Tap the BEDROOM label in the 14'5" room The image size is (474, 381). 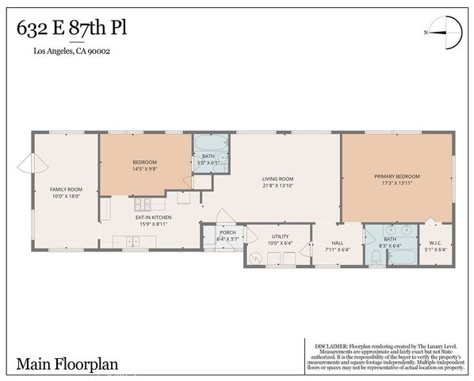pyautogui.click(x=144, y=162)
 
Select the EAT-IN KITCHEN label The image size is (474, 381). pyautogui.click(x=153, y=217)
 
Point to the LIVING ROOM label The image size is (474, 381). pyautogui.click(x=278, y=179)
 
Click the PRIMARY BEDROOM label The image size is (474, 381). pyautogui.click(x=396, y=175)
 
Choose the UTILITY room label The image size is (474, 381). pyautogui.click(x=280, y=236)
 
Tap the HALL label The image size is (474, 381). pyautogui.click(x=337, y=243)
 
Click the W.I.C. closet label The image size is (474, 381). pyautogui.click(x=436, y=243)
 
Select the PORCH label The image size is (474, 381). pyautogui.click(x=227, y=233)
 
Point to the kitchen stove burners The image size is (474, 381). pyautogui.click(x=105, y=209)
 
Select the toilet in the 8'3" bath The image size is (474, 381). pyautogui.click(x=373, y=256)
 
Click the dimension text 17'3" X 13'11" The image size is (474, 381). pyautogui.click(x=396, y=182)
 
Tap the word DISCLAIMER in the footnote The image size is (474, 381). pyautogui.click(x=331, y=346)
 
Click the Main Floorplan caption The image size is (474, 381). pyautogui.click(x=67, y=364)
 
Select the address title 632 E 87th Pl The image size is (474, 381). pyautogui.click(x=71, y=29)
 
